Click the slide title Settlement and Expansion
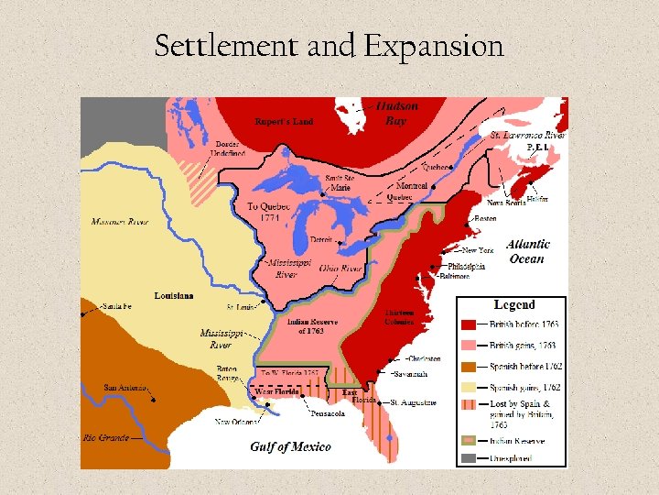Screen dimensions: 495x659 [329, 45]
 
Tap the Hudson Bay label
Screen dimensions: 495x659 [396, 114]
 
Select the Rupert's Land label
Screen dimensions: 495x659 [284, 122]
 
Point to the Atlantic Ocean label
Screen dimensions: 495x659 [528, 251]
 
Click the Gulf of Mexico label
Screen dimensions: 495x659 [291, 446]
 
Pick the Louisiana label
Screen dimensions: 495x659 [174, 296]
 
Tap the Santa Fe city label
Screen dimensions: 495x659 [117, 306]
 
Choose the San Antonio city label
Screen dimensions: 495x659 [125, 387]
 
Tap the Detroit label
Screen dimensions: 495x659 [320, 238]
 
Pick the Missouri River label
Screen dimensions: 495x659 [119, 222]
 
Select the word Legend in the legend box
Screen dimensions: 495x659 [514, 304]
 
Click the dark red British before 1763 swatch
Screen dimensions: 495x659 [468, 324]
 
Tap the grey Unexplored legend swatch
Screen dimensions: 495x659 [468, 459]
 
